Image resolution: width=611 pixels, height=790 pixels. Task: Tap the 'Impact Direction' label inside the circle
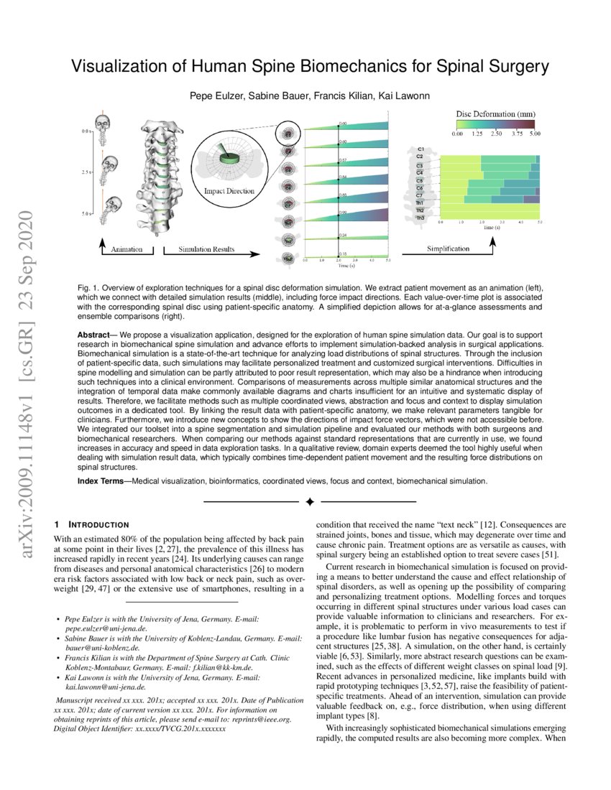229,192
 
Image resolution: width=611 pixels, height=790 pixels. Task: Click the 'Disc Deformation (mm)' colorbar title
495,113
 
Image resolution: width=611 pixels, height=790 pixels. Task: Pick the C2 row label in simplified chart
419,156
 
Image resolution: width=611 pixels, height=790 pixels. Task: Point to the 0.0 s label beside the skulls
86,132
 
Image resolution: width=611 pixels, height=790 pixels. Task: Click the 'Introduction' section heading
98,524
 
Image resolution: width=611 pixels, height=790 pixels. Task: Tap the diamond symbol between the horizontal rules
309,500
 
